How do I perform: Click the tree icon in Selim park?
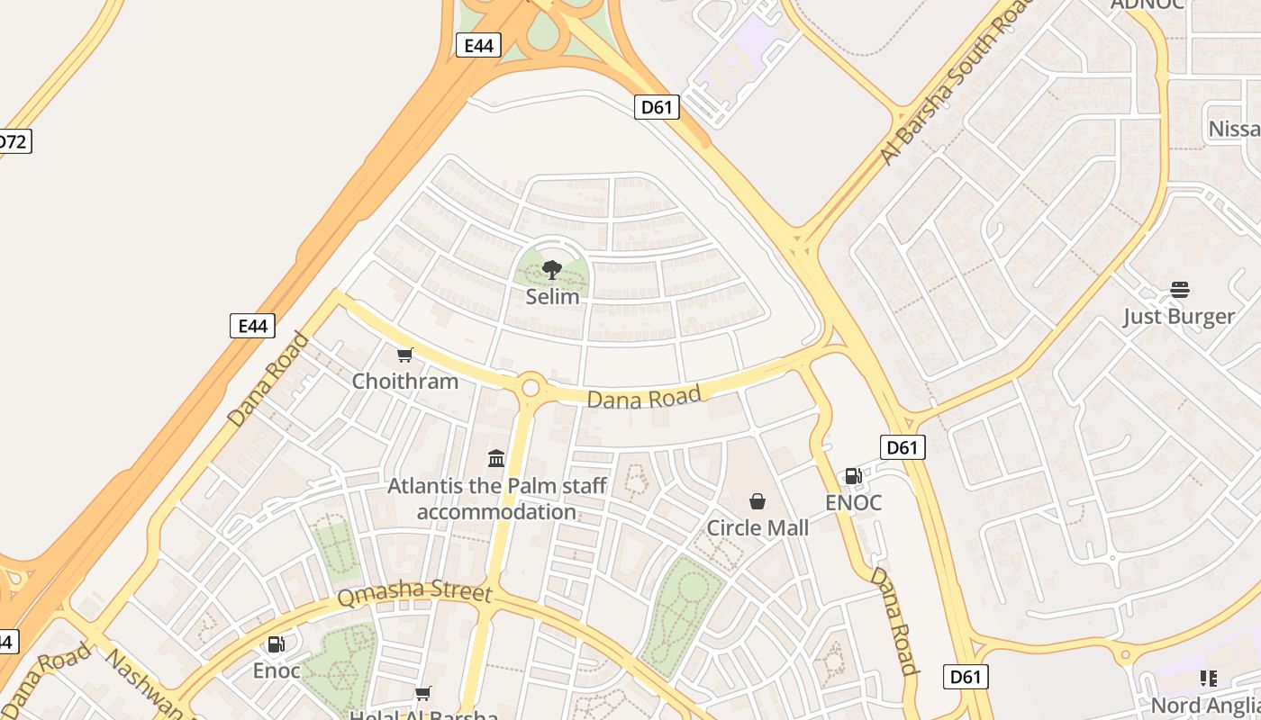click(x=552, y=269)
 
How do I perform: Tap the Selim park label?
click(x=552, y=296)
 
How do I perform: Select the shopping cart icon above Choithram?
click(x=405, y=355)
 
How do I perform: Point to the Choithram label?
click(x=405, y=381)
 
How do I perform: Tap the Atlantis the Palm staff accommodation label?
click(x=496, y=499)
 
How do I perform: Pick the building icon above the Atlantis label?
click(x=496, y=459)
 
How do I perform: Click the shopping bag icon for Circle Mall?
click(x=758, y=501)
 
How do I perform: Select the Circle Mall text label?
click(x=758, y=527)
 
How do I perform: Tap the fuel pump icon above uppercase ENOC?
click(x=853, y=476)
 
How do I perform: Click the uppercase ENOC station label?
click(x=853, y=502)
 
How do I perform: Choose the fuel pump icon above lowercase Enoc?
click(x=277, y=644)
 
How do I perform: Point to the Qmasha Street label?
click(x=415, y=594)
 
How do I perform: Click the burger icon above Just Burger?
click(x=1179, y=290)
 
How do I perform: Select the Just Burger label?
click(x=1179, y=316)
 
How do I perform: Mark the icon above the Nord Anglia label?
click(x=1208, y=679)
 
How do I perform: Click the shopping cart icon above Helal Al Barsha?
click(x=422, y=693)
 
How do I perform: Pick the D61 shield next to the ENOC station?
click(x=902, y=447)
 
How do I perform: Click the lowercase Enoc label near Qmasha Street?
click(x=277, y=670)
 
